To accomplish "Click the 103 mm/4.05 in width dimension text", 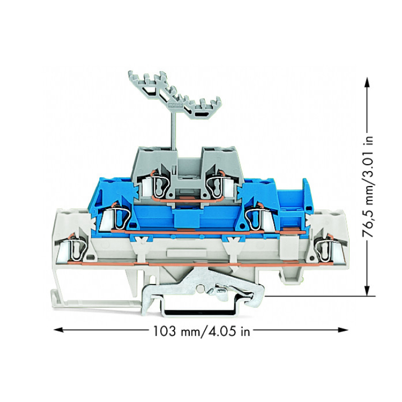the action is click(x=201, y=331).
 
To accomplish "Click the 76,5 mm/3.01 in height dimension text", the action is click(x=368, y=187).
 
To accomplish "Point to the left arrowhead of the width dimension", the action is click(x=58, y=330).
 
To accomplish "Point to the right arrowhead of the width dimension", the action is click(x=343, y=330).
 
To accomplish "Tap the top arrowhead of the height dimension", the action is click(x=367, y=83).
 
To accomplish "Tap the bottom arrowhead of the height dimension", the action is click(x=367, y=291).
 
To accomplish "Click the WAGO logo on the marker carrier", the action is click(x=176, y=105).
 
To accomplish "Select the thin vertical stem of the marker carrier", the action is click(x=173, y=129).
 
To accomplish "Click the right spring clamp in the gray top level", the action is click(x=217, y=184).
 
